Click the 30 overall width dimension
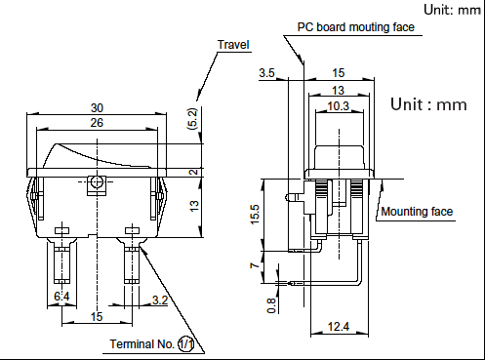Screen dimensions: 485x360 coord(97,107)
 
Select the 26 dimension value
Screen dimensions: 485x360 coord(97,123)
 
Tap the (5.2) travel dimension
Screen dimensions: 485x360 coord(192,119)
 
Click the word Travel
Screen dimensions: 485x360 coord(233,45)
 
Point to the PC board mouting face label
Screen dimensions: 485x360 coord(356,27)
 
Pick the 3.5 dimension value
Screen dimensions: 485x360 coord(266,73)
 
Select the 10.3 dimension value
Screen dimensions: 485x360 coord(339,106)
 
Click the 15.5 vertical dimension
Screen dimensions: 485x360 coord(255,214)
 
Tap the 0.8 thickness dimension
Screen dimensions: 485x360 coord(271,305)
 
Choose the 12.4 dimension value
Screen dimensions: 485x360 coord(339,326)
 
